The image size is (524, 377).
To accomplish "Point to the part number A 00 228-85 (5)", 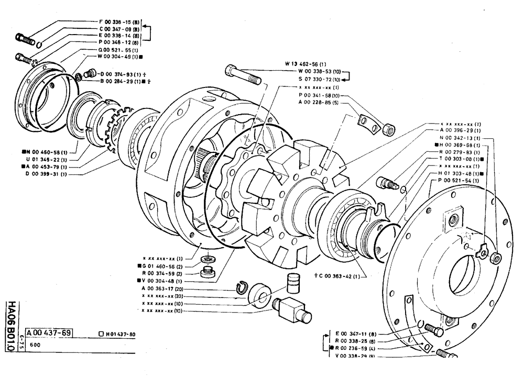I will click(319, 103).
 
